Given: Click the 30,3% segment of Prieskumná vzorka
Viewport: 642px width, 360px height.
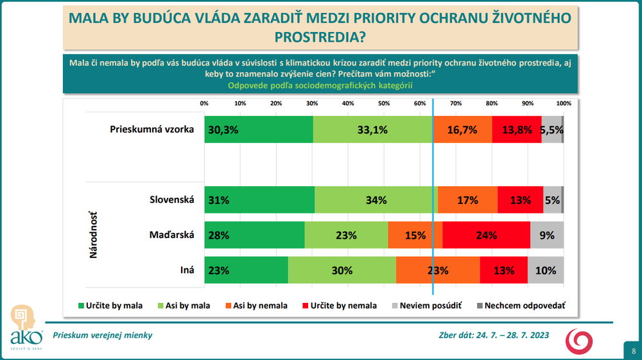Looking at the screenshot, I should [259, 130].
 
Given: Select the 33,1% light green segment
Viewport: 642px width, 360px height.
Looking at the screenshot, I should [373, 130].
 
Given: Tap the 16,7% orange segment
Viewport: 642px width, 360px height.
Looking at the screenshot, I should [462, 130].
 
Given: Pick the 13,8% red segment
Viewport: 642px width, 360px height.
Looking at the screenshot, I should [517, 130].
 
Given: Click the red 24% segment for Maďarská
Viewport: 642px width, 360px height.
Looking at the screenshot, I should [486, 235].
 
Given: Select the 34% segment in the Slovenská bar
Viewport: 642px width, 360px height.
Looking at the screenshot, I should [376, 200].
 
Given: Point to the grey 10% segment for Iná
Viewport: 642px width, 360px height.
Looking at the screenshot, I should [546, 270].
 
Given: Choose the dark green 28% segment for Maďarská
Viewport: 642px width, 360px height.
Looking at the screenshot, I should [254, 235].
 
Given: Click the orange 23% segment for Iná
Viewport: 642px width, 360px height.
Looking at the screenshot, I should [438, 270].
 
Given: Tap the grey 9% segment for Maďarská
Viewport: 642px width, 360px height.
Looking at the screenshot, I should [547, 235].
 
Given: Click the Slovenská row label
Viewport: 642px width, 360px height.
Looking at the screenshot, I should [171, 200].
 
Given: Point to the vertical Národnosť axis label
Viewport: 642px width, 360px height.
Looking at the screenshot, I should [92, 235].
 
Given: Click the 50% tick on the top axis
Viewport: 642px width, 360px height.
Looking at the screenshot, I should [383, 103].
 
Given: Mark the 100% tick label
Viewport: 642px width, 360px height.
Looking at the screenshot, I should [564, 103].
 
